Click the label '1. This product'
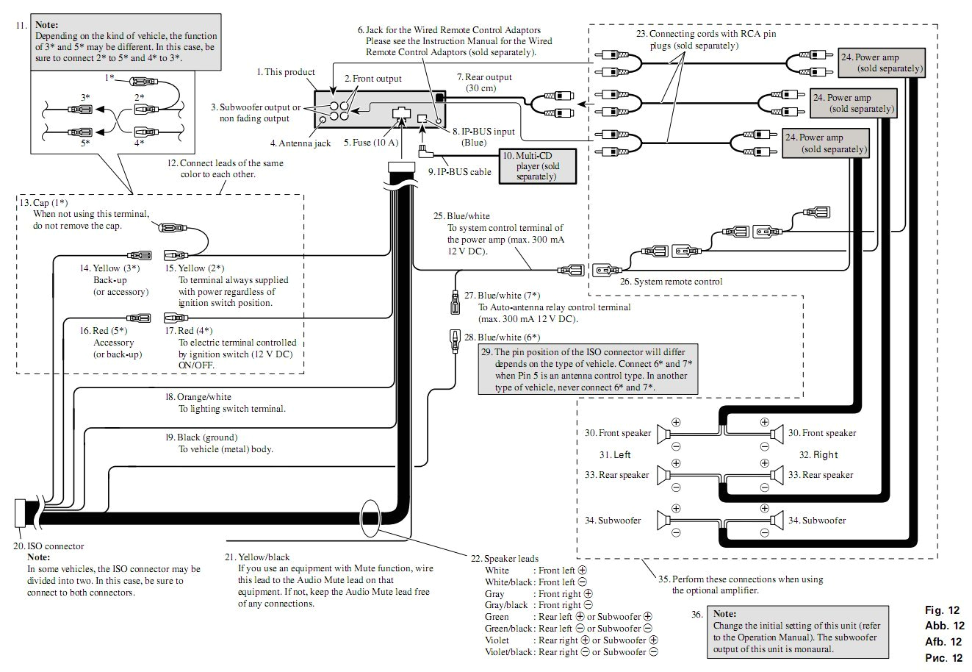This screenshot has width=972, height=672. [x=286, y=72]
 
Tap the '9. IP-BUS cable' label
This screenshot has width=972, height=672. [x=459, y=173]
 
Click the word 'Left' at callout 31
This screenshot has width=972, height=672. [x=615, y=455]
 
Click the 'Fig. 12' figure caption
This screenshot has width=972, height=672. [x=943, y=611]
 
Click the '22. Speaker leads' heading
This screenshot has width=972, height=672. [x=505, y=559]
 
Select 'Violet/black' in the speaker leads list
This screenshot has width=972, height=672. [x=509, y=652]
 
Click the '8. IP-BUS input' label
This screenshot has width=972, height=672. [x=483, y=132]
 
